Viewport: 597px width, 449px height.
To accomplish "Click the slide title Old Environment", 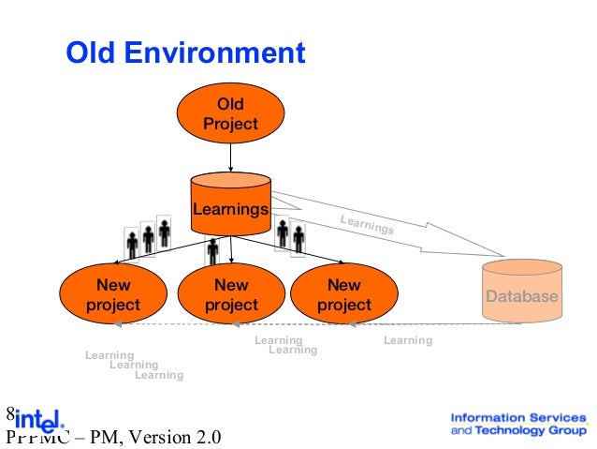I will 184,52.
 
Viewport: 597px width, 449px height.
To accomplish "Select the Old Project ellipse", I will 230,112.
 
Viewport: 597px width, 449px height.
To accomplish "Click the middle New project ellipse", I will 230,294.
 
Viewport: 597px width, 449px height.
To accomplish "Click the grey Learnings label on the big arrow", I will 367,225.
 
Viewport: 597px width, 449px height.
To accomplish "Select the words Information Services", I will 518,417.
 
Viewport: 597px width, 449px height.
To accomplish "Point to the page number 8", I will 10,413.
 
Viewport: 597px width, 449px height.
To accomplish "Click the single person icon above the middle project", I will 213,250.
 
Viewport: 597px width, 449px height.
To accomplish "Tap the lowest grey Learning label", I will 159,376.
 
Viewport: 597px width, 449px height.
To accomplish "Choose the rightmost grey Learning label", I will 408,340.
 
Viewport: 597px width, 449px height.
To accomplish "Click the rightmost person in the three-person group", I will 165,232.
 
